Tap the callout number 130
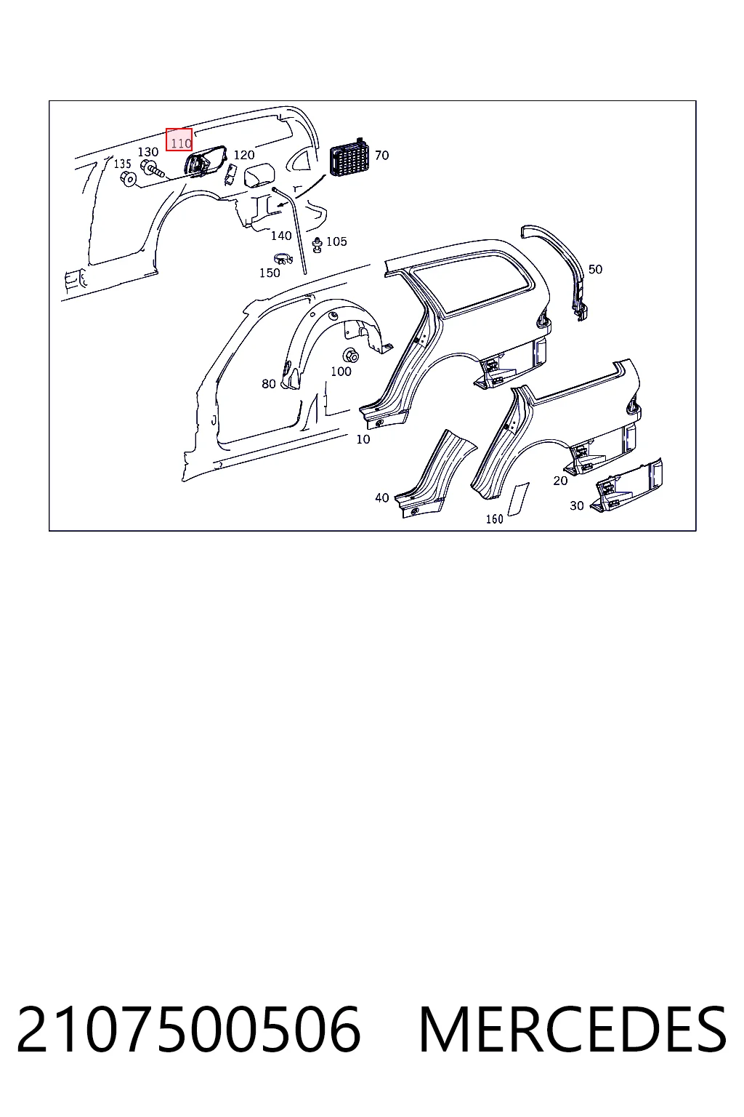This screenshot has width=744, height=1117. tap(148, 151)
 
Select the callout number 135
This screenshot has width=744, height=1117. tap(123, 164)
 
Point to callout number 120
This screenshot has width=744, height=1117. tap(244, 155)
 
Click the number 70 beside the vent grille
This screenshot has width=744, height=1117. tap(381, 156)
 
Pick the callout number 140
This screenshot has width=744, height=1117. tap(281, 236)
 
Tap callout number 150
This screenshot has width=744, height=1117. tap(270, 273)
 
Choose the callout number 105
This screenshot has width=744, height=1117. tap(336, 241)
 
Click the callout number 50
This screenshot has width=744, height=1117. tap(596, 269)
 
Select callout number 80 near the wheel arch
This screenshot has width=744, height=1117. tap(269, 383)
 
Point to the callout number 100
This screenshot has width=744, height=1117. tap(341, 372)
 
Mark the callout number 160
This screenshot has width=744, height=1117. tap(494, 519)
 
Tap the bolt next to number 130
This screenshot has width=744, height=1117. tap(153, 169)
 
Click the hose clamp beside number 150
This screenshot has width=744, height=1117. tap(283, 259)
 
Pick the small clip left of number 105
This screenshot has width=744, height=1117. tap(317, 244)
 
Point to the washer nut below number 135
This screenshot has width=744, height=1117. tap(130, 177)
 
